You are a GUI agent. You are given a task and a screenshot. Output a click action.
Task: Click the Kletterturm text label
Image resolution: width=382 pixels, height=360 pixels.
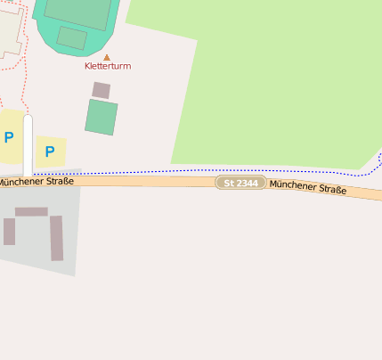point(107,66)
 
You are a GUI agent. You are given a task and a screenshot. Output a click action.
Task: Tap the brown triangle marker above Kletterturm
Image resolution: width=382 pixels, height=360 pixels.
point(107,56)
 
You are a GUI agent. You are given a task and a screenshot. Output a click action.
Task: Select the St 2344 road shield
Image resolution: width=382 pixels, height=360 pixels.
point(240,183)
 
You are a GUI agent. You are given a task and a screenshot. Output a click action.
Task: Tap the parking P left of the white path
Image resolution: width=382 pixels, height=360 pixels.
point(9,137)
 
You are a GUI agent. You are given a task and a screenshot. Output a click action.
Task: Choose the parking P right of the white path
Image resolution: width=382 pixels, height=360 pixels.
point(50,151)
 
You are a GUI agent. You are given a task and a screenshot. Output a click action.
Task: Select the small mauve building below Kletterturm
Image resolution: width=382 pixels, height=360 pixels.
point(102,90)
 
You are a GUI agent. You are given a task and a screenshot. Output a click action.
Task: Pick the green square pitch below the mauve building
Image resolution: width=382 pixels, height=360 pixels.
point(102,117)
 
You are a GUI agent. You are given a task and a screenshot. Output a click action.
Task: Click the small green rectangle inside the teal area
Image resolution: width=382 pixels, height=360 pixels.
point(71,37)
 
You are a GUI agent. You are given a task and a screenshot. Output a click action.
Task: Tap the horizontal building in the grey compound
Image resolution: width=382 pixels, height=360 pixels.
point(31,212)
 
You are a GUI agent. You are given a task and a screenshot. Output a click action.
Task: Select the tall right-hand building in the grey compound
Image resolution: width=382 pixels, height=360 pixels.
point(57,238)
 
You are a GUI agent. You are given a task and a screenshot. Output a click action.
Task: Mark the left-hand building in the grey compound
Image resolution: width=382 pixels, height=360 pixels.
point(9,232)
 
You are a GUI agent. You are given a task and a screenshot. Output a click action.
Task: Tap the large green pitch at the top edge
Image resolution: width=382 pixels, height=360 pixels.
point(80,11)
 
